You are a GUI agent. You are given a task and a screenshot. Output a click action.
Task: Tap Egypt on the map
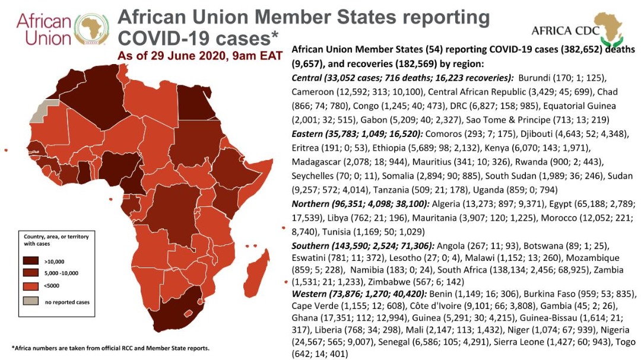[x=193, y=101]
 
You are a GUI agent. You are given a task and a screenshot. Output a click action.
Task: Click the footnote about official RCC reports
[x=110, y=348]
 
